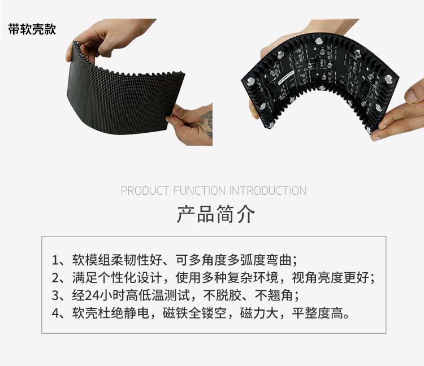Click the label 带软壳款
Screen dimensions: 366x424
[x=32, y=30]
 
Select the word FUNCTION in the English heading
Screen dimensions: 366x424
[x=200, y=191]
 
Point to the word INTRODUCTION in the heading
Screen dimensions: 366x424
[x=268, y=191]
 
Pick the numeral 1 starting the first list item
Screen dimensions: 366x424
[x=55, y=260]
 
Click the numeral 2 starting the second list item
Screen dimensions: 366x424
[x=55, y=278]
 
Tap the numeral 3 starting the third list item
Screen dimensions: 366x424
[x=55, y=295]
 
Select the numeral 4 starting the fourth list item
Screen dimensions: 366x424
[x=55, y=313]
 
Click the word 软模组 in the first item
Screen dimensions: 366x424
[x=89, y=260]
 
